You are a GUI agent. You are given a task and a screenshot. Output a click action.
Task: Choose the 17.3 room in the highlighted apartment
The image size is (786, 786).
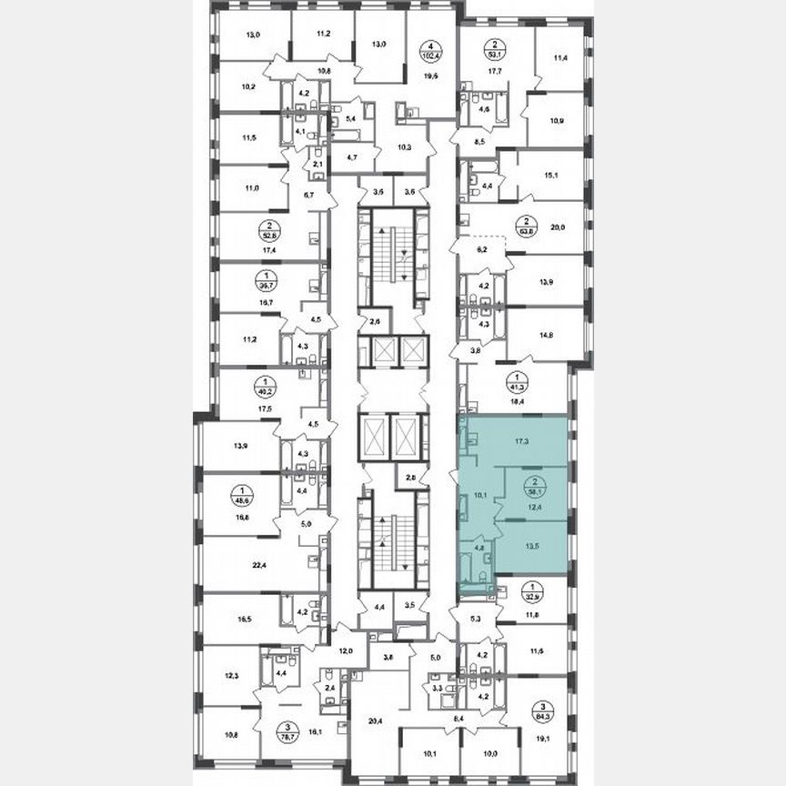tap(521, 440)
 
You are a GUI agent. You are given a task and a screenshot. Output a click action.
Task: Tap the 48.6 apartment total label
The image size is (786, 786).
tap(242, 499)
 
